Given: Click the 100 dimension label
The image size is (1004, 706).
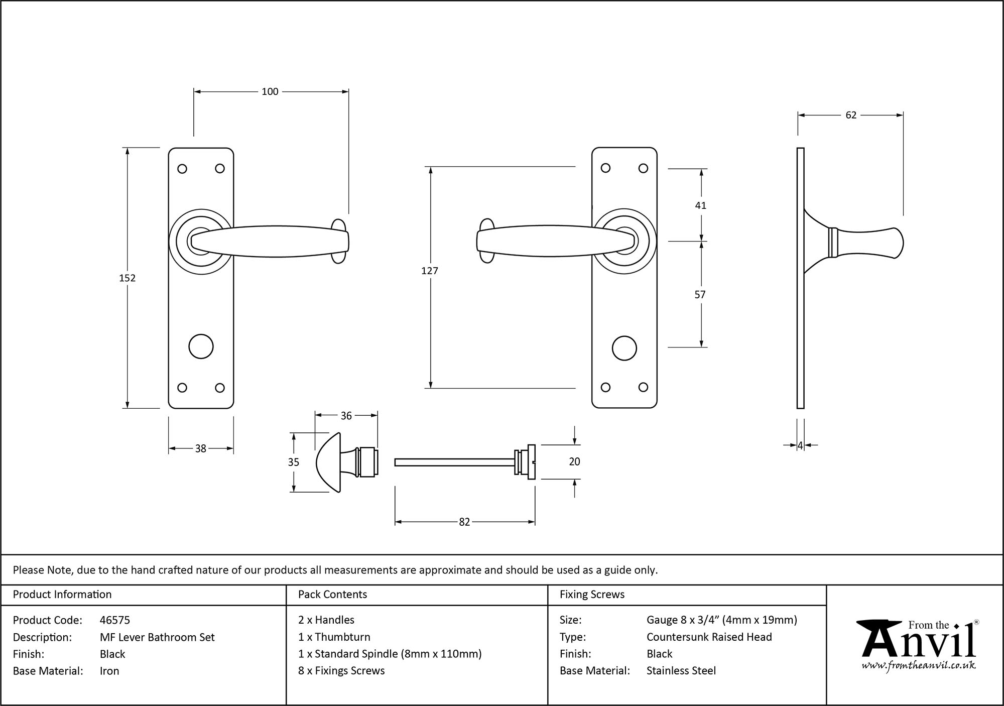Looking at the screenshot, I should [270, 91].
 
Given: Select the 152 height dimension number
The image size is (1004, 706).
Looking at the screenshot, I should [127, 278].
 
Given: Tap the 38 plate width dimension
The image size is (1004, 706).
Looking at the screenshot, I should [200, 448].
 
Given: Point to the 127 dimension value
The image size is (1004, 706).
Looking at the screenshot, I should [430, 271].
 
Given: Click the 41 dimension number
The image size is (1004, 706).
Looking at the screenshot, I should [700, 205].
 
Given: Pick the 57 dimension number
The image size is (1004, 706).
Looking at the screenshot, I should [700, 295].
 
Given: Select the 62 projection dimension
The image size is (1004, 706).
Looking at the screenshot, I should [851, 115].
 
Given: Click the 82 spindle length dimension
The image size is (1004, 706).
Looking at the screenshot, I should [464, 522].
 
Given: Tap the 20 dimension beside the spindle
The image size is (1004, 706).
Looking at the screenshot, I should [574, 461].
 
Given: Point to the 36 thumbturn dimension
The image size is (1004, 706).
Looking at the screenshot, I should [346, 415].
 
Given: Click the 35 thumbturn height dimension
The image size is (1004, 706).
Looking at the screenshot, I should [294, 462].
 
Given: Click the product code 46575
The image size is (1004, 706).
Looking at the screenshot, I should [115, 620].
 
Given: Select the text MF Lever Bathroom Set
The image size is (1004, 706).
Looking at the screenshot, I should [157, 637].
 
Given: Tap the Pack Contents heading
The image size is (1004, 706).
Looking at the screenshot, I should [332, 595].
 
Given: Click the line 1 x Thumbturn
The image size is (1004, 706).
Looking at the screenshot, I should [334, 637].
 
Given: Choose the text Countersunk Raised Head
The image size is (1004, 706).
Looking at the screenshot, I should [709, 637].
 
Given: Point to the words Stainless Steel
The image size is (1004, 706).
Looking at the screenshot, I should [681, 670].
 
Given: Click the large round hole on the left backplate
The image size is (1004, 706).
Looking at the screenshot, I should [201, 346].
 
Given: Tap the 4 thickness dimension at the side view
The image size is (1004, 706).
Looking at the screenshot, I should [800, 445].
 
